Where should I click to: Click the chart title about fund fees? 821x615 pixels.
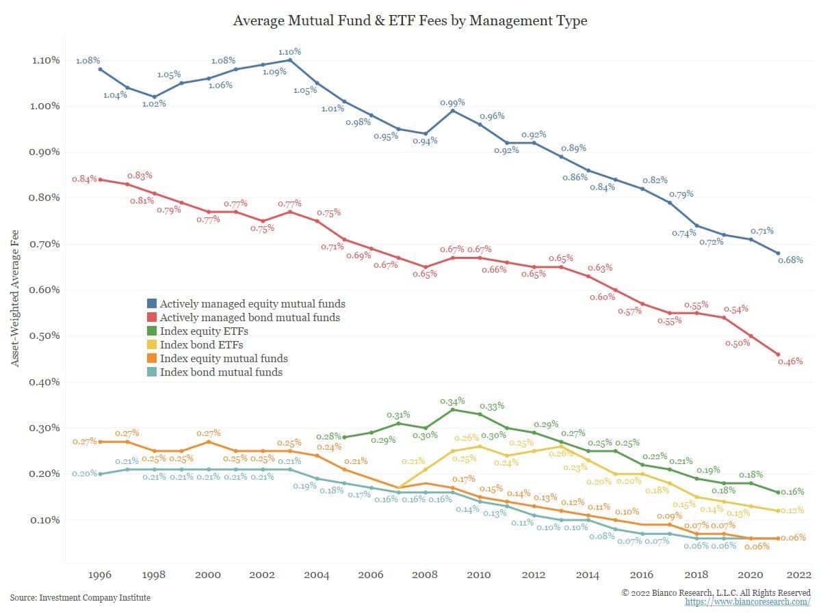pyautogui.click(x=410, y=20)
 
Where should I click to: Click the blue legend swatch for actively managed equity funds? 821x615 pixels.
pyautogui.click(x=151, y=303)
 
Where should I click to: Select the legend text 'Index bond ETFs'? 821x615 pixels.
pyautogui.click(x=201, y=344)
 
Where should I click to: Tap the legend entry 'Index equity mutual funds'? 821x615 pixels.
pyautogui.click(x=224, y=359)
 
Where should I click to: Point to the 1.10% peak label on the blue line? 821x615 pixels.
pyautogui.click(x=289, y=51)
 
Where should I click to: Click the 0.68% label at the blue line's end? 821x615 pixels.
pyautogui.click(x=790, y=260)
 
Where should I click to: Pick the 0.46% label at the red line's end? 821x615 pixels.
pyautogui.click(x=790, y=361)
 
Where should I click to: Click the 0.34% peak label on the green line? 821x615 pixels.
pyautogui.click(x=452, y=401)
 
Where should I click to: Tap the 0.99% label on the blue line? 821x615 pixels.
pyautogui.click(x=452, y=102)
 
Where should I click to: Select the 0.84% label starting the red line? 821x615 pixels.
pyautogui.click(x=85, y=179)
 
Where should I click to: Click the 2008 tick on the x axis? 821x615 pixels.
pyautogui.click(x=425, y=575)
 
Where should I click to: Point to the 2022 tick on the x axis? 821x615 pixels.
pyautogui.click(x=799, y=575)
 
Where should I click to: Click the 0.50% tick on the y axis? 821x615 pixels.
pyautogui.click(x=44, y=336)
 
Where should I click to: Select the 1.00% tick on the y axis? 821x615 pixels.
pyautogui.click(x=44, y=106)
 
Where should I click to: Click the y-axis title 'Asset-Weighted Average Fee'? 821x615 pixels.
pyautogui.click(x=14, y=298)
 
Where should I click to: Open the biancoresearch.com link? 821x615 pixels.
pyautogui.click(x=748, y=601)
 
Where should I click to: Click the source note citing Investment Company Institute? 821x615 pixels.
pyautogui.click(x=80, y=598)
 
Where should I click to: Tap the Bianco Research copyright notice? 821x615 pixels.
pyautogui.click(x=716, y=592)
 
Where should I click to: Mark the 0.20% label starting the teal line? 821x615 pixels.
pyautogui.click(x=85, y=474)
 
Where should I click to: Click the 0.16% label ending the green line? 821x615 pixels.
pyautogui.click(x=792, y=492)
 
